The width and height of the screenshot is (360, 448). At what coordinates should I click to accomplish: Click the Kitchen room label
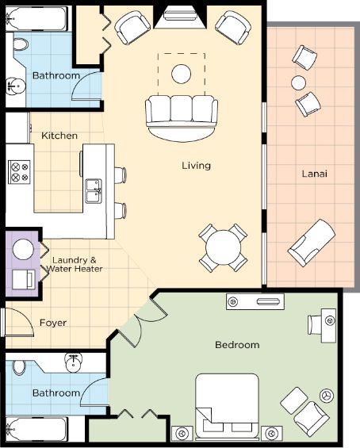coord(59,136)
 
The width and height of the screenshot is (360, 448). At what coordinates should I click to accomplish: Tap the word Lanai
coord(315,174)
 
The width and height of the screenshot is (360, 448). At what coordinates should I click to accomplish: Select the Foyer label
coord(53,323)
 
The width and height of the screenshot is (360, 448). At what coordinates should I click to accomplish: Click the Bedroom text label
coord(237,345)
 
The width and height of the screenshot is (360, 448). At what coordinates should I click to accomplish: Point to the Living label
coord(197,166)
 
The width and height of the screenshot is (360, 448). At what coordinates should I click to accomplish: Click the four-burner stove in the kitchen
coord(19,172)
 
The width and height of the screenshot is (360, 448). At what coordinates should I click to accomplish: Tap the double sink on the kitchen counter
coord(94,191)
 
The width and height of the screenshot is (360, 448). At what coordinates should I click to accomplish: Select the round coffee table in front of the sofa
coord(181,74)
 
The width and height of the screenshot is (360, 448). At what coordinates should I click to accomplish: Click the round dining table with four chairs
coord(223,247)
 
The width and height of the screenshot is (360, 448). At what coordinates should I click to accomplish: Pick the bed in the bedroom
coord(228,406)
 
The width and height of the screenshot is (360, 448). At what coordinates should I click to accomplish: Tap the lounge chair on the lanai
coord(312,243)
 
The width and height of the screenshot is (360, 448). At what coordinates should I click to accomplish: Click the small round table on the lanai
coord(299,82)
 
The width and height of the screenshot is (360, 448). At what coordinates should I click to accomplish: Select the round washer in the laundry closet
coord(23,250)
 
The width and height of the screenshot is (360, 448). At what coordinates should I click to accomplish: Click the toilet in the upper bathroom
coord(21,43)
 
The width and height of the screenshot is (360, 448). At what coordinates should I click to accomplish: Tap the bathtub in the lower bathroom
coord(36,430)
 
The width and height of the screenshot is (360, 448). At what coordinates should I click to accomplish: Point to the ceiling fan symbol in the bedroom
coord(327,396)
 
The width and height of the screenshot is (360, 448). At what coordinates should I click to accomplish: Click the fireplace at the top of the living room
coord(180,17)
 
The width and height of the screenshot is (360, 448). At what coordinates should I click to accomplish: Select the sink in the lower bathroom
coord(74,363)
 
